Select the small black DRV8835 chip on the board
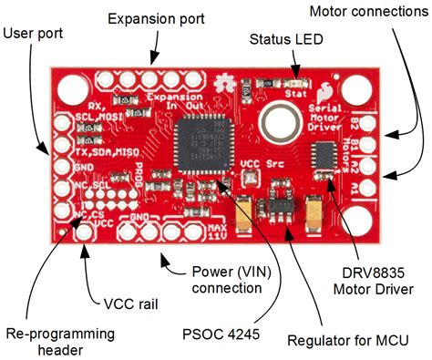coord(324,155)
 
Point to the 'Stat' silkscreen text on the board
coord(294,92)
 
